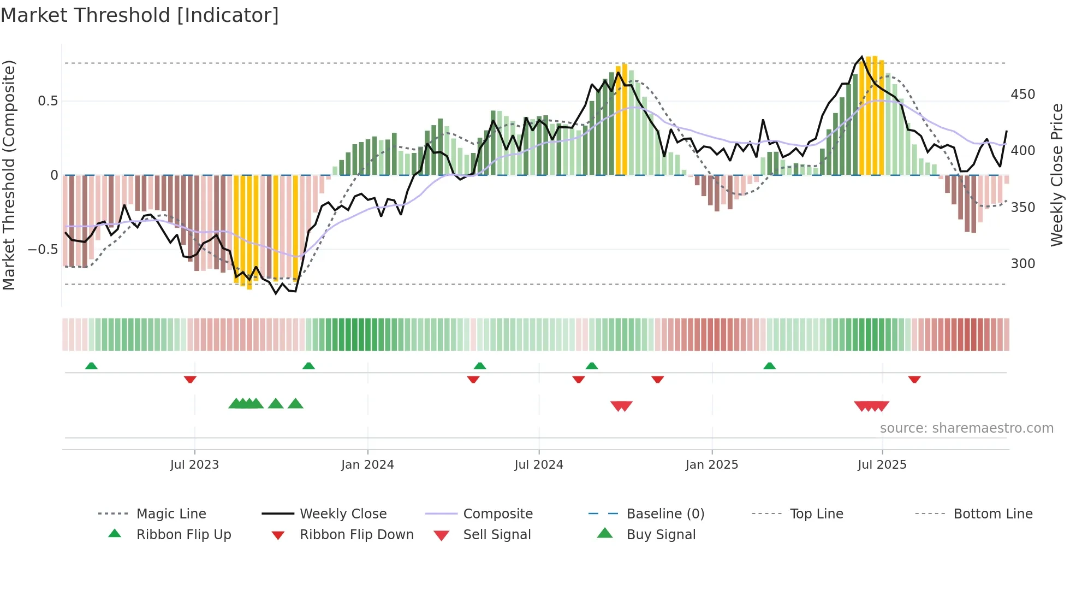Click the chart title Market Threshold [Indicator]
tap(140, 15)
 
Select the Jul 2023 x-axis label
tap(194, 465)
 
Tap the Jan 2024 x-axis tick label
tap(367, 465)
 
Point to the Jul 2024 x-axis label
tap(539, 465)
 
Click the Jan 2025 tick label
tap(712, 465)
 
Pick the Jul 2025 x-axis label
tap(882, 465)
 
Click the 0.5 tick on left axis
tap(48, 101)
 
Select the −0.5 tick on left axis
tap(43, 250)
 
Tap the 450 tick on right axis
tap(1023, 95)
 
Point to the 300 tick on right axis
tap(1023, 264)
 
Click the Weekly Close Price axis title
tap(1057, 175)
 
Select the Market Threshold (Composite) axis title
tap(9, 175)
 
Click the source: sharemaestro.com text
tap(966, 428)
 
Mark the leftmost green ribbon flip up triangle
tap(91, 366)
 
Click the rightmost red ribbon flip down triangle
tap(914, 379)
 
